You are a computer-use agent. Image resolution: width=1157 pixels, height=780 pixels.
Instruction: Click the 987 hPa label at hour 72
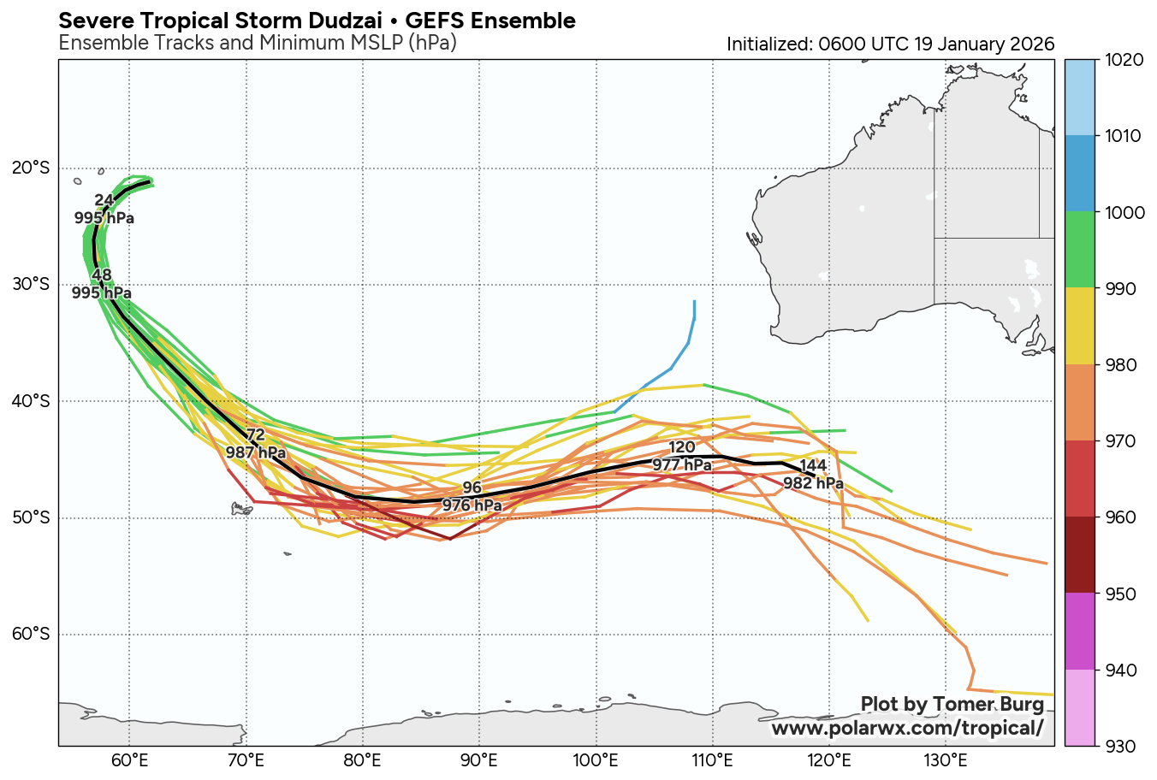point(255,452)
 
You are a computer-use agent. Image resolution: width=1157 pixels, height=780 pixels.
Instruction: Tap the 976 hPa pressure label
point(472,505)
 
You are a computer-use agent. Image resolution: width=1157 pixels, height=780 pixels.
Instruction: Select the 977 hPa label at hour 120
point(682,465)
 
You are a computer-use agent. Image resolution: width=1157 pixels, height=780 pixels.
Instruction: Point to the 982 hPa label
point(813,483)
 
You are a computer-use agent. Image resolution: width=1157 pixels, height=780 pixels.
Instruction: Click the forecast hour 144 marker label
point(813,466)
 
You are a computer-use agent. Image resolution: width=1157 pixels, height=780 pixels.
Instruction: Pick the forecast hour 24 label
point(104,200)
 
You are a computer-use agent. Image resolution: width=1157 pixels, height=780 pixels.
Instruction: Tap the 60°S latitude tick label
point(32,635)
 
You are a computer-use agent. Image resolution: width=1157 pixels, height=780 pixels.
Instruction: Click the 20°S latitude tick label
point(32,168)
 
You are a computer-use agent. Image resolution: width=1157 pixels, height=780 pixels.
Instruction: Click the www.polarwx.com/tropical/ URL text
point(907,728)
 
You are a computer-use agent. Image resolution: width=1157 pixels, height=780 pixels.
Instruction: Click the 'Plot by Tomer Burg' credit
point(952,704)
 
